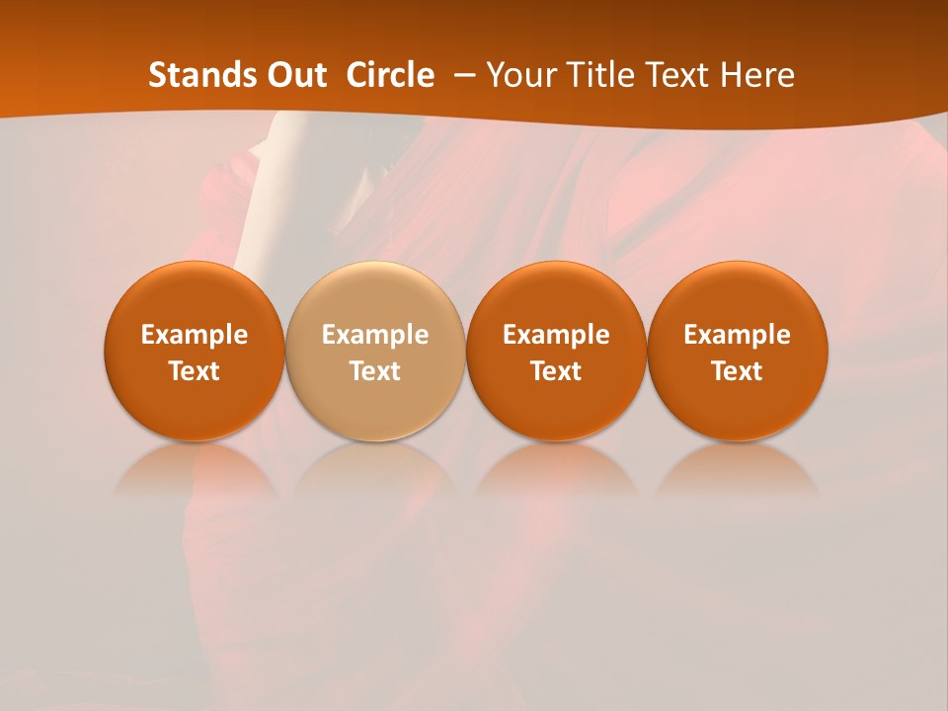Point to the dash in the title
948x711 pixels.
[x=460, y=76]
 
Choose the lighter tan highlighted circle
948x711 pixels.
[x=375, y=351]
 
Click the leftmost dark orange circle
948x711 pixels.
[x=195, y=351]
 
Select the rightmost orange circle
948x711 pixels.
[x=738, y=351]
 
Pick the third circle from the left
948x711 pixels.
[x=556, y=351]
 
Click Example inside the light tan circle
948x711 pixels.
[x=375, y=335]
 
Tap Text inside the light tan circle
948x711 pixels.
[x=375, y=371]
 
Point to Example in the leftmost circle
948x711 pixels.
[x=195, y=335]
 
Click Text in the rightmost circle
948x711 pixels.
[x=738, y=371]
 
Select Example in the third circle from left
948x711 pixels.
[x=556, y=335]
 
